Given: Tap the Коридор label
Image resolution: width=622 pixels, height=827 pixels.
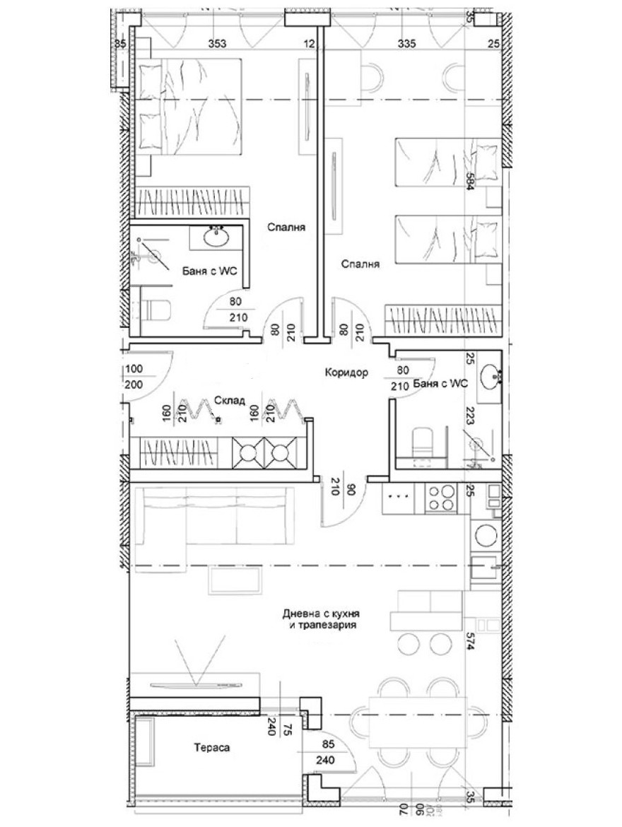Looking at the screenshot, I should tap(346, 373).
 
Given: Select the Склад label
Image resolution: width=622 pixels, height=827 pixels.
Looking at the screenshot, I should tap(230, 400).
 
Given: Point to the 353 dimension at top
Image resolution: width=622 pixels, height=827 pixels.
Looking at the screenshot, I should tap(217, 44).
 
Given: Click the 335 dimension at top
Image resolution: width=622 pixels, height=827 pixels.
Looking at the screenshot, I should tap(406, 44).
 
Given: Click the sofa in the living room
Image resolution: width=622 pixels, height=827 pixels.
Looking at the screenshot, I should tap(212, 517).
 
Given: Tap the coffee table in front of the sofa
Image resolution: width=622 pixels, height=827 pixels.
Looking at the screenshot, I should tap(235, 582).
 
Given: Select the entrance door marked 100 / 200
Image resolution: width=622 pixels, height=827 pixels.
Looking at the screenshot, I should tap(147, 375).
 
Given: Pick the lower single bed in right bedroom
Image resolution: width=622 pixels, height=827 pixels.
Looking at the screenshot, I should tap(445, 237).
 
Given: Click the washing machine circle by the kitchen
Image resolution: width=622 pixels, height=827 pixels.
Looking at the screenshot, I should tap(486, 534).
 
